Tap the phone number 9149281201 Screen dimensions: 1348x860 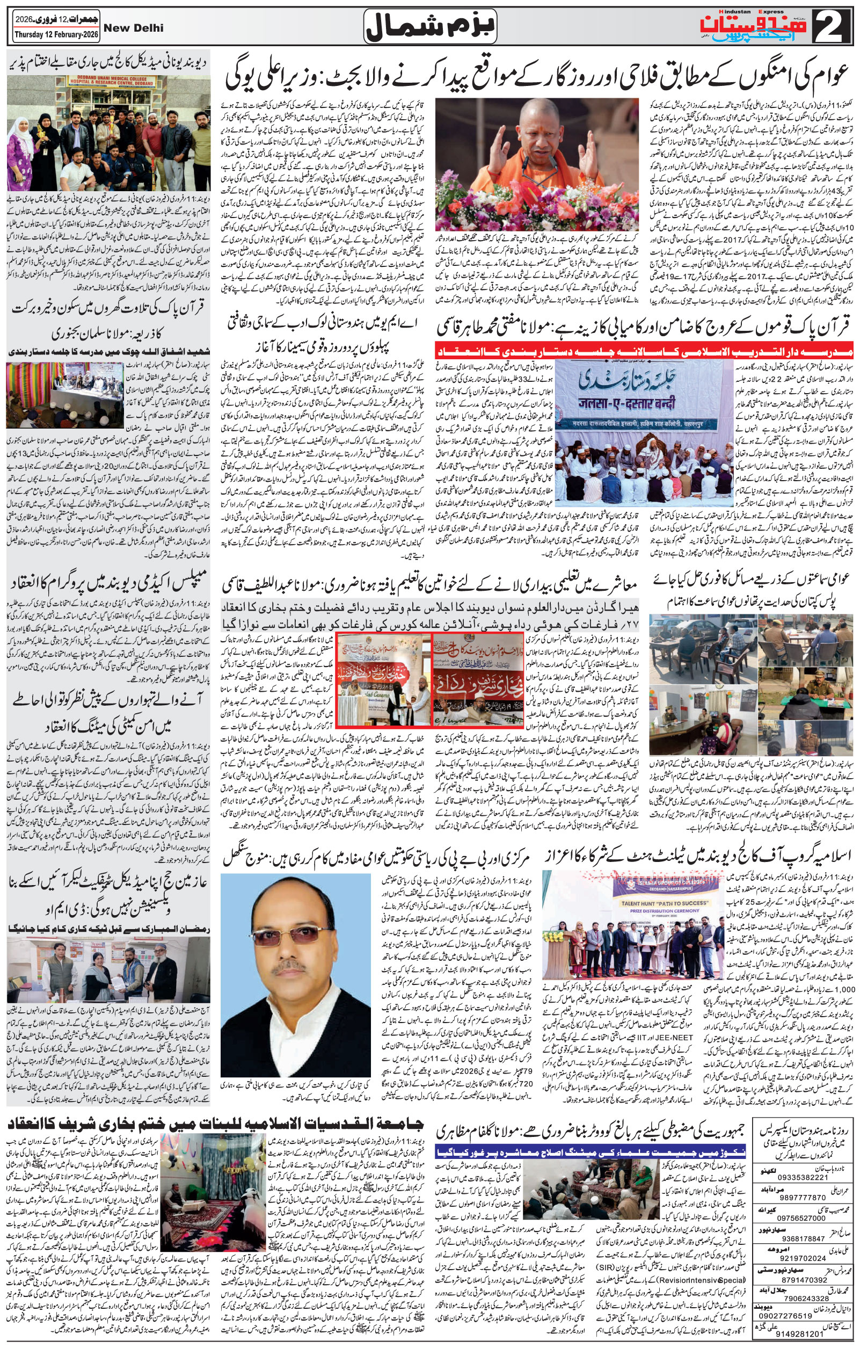(x=804, y=1330)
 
